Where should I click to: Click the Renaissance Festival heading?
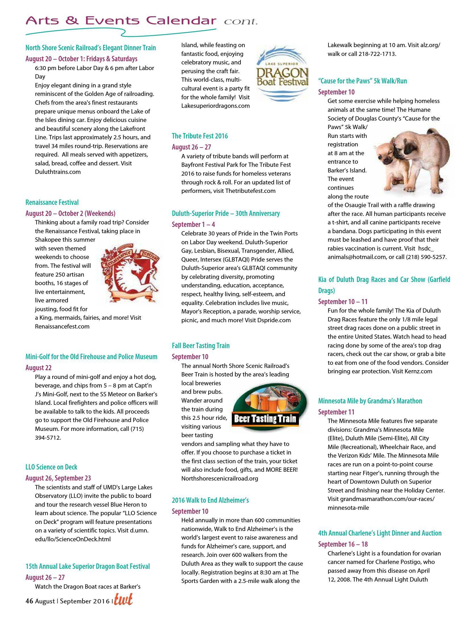(52, 202)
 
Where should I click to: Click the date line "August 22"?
(39, 368)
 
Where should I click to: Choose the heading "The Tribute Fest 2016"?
(200, 136)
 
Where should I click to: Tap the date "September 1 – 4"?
(193, 224)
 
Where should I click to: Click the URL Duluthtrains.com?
(58, 172)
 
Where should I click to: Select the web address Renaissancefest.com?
(62, 326)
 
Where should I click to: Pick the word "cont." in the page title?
(241, 22)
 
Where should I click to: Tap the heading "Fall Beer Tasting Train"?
(201, 346)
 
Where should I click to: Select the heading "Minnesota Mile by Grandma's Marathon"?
(370, 401)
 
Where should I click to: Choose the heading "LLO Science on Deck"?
(51, 467)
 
